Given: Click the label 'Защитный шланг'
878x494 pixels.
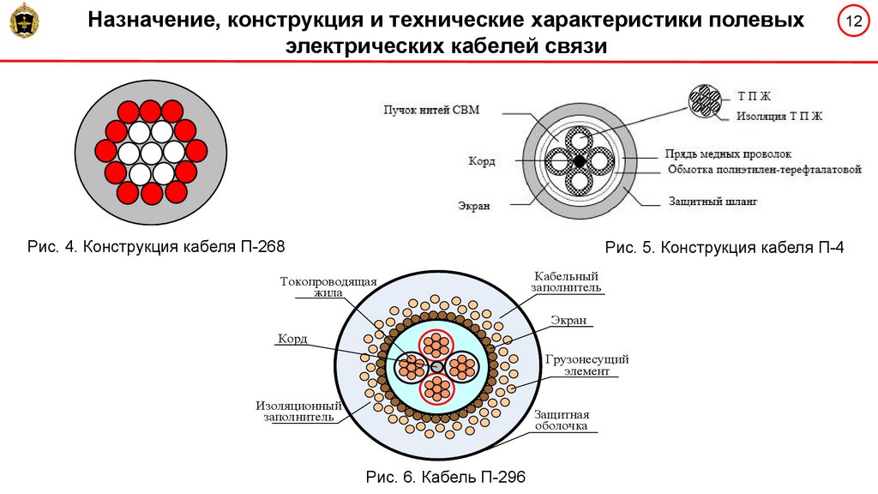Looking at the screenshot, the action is coord(713,202).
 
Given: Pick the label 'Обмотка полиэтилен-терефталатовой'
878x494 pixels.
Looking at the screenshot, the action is coord(763,170).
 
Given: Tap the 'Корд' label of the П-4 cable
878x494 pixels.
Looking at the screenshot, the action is coord(481,161).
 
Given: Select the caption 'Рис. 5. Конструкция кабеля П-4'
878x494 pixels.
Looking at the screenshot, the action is coord(725,248).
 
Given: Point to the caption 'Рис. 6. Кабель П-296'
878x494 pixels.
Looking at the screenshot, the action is coord(444,477).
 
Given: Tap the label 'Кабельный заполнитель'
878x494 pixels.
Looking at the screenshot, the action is coord(566,282).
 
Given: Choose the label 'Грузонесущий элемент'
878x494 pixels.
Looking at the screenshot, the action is coord(586,364).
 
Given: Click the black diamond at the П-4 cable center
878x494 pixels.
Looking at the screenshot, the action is coord(580,160).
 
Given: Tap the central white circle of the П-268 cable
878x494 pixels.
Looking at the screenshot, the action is coord(151,153).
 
